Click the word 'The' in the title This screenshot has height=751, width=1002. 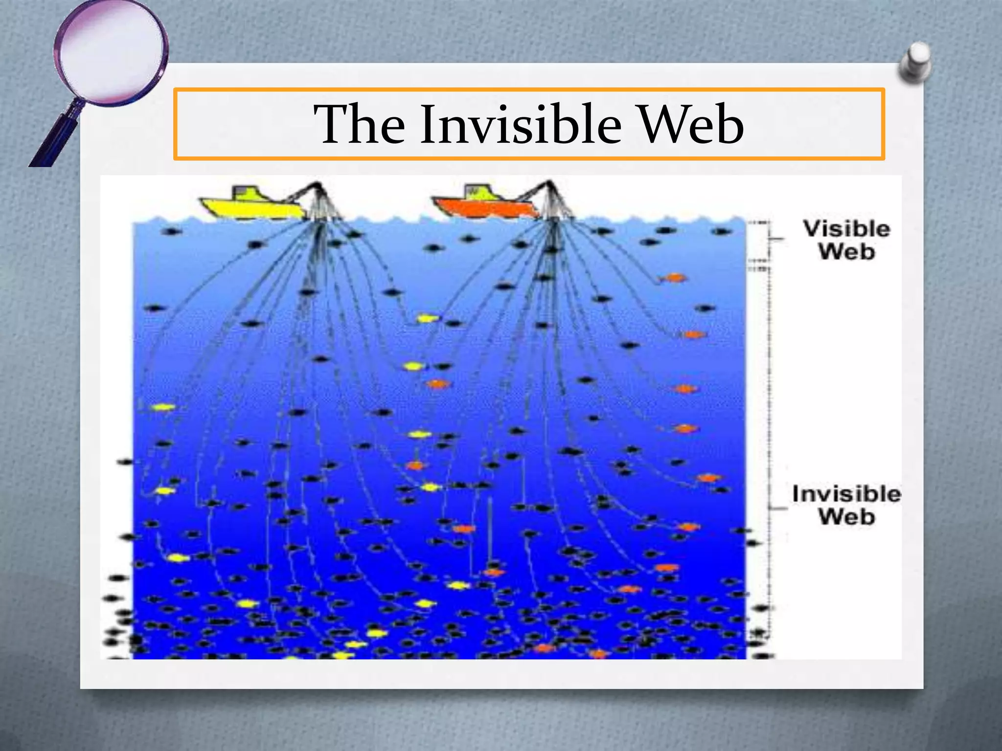(x=360, y=125)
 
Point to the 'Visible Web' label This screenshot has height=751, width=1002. (x=846, y=240)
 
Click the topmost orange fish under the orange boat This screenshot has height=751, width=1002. (x=674, y=278)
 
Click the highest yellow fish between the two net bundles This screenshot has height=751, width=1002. (x=427, y=319)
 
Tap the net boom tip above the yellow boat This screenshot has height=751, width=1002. (x=318, y=185)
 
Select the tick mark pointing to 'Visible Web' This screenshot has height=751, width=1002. (x=777, y=239)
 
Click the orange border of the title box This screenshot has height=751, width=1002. (x=528, y=89)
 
